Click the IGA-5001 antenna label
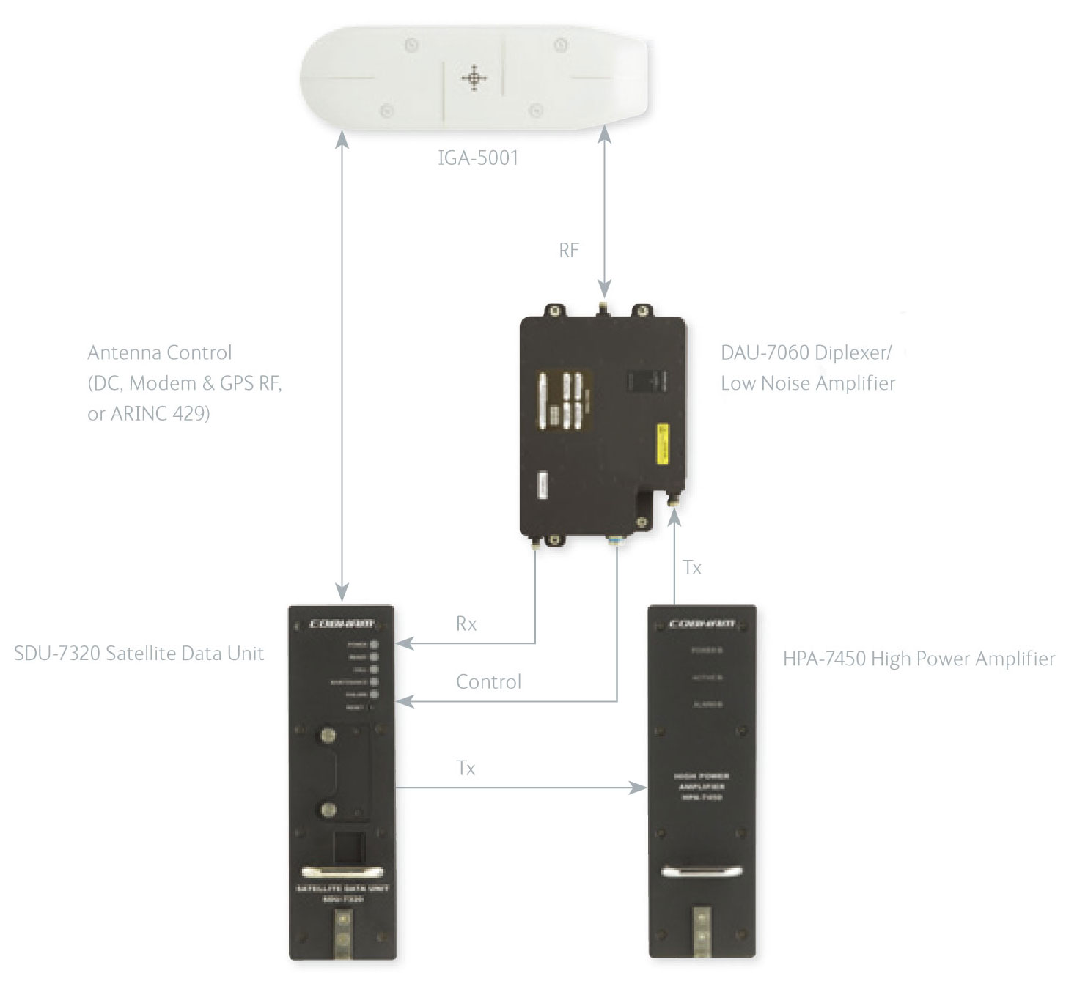coord(478,158)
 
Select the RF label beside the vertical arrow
coord(569,251)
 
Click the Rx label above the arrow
coord(466,624)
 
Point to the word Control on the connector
coord(488,682)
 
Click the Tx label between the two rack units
coord(466,768)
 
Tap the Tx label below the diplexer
coord(692,568)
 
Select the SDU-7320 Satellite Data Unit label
coord(139,654)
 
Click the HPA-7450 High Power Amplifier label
coord(919,659)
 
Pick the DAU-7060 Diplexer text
coord(806,353)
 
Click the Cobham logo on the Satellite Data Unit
coord(342,624)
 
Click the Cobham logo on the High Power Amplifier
coord(702,624)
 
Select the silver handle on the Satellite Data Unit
coord(342,871)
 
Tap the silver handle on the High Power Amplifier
coord(702,871)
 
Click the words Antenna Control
coord(159,353)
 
